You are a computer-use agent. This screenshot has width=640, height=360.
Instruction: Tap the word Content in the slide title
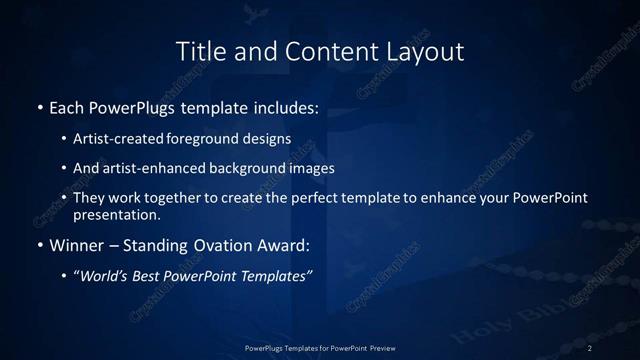pos(319,51)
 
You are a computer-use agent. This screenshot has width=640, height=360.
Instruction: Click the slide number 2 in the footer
pos(591,348)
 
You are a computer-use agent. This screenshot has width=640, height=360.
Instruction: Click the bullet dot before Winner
pos(39,245)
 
